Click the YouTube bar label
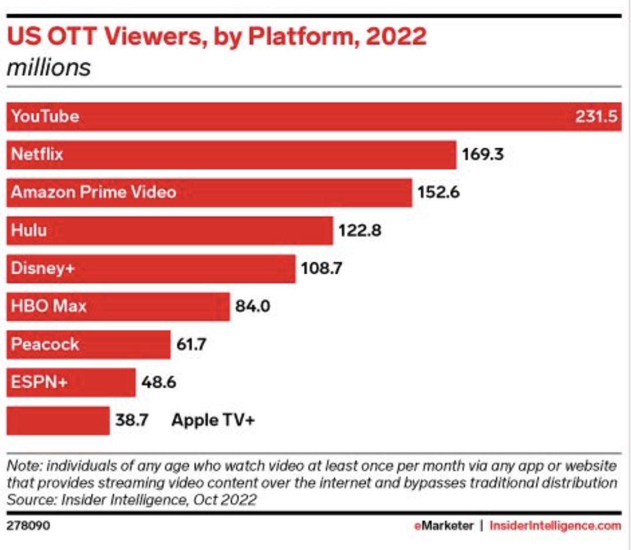pos(45,116)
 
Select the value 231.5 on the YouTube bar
pos(596,116)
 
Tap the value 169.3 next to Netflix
pos(482,155)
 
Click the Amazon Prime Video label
pos(93,192)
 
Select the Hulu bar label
pos(29,230)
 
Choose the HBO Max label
pos(49,306)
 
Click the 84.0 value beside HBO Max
pos(253,306)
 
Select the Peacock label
pos(45,344)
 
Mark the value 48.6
pos(159,382)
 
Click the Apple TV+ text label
pos(213,420)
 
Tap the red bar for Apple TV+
pos(58,420)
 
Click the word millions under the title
pos(48,68)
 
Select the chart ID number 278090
pos(28,525)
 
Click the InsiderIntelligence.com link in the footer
pos(555,525)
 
